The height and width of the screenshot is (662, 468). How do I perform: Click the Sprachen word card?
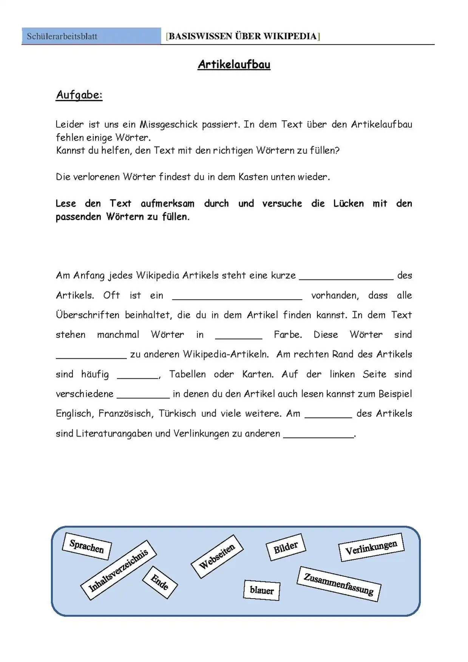pos(86,546)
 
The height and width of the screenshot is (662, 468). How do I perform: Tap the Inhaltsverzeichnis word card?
pos(118,570)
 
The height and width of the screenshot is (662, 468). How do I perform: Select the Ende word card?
pos(159,582)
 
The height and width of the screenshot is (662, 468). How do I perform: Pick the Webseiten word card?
pos(217,556)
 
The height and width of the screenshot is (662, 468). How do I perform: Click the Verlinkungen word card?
pos(371,547)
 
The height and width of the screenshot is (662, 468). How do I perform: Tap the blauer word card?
pos(261,590)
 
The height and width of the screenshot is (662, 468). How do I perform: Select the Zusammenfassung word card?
pos(338,583)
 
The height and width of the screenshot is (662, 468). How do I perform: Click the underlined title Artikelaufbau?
pos(234,64)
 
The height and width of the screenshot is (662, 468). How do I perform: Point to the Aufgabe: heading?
pos(79,95)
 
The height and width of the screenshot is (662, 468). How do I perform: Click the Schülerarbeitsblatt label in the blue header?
pos(62,36)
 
